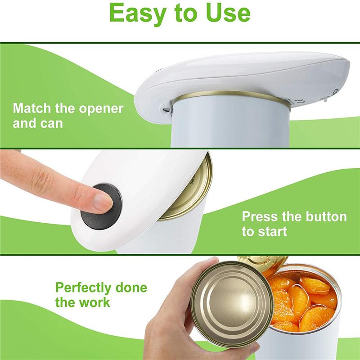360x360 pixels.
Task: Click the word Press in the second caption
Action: point(260,216)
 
